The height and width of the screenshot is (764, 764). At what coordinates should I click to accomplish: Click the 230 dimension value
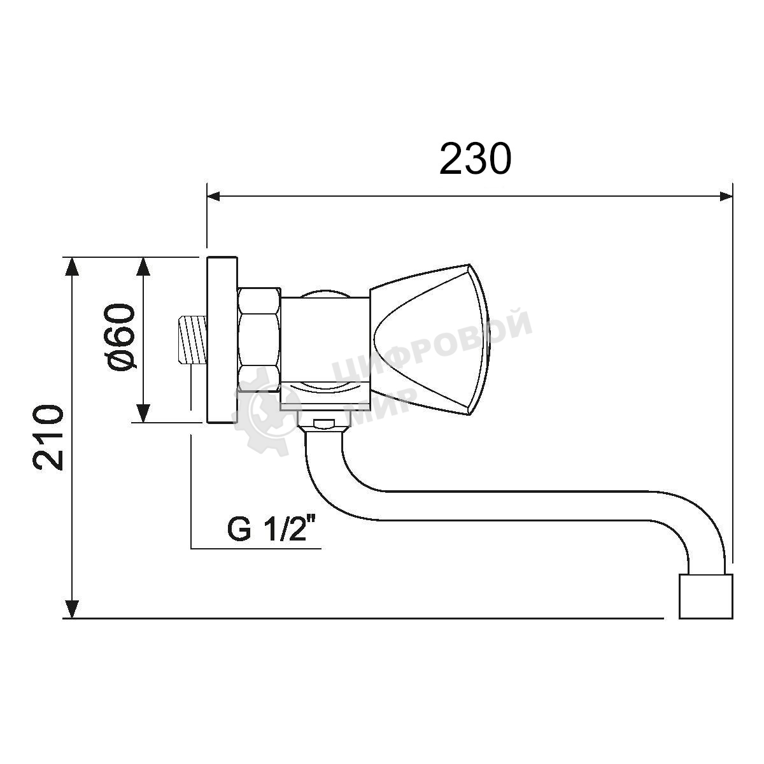476,159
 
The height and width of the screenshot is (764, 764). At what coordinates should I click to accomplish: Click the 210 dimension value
48,437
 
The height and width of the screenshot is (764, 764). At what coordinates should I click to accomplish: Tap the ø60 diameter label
120,338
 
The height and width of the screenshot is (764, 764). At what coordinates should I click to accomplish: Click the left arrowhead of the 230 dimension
213,196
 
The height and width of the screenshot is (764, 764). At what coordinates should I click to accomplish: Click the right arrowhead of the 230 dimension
726,196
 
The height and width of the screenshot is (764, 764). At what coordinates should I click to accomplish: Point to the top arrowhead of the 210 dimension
72,266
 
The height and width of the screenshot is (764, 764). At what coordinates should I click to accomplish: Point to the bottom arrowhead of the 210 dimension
72,609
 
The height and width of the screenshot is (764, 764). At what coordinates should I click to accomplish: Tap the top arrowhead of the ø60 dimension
143,266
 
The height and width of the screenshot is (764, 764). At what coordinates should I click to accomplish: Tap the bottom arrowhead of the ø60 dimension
143,414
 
